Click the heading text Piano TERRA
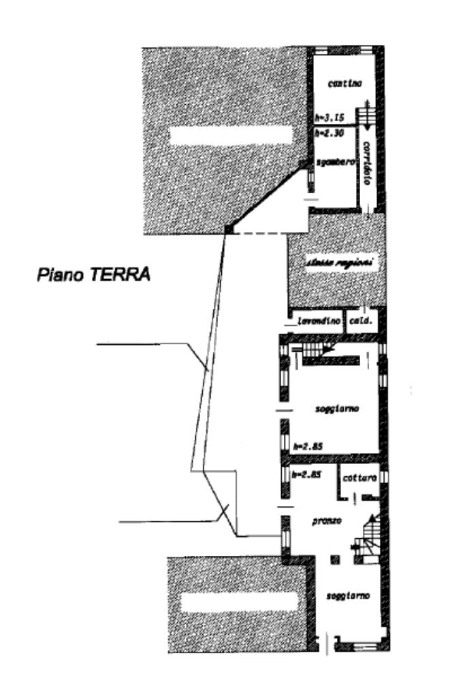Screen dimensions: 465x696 coord(93,275)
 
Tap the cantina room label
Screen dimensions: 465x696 coord(344,84)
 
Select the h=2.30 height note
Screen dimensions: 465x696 coord(330,133)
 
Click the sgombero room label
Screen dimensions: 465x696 coord(337,162)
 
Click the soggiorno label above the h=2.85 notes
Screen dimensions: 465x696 coord(337,409)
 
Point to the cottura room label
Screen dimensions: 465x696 coord(359,478)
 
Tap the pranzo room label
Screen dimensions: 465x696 coord(326,521)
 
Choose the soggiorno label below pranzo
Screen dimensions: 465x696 coord(348,596)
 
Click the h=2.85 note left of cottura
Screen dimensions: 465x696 coord(306,475)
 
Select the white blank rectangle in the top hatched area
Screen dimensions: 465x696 coord(231,135)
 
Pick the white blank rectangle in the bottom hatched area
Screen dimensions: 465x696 coord(239,601)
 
